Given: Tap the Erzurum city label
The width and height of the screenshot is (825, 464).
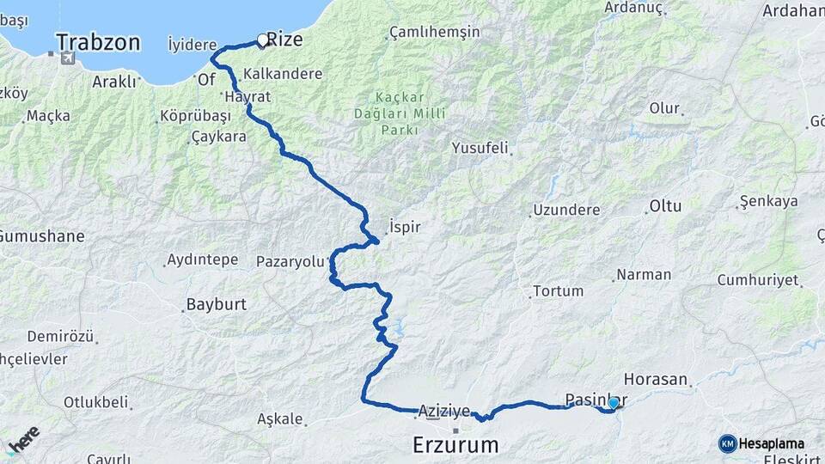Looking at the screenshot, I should click(x=455, y=445).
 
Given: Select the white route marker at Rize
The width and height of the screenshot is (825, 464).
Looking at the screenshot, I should click(x=262, y=40).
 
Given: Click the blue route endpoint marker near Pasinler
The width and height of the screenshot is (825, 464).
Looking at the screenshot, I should click(x=613, y=402).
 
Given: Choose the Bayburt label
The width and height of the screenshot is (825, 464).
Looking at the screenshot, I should click(x=216, y=304).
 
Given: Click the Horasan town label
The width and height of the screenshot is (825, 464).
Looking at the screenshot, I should click(x=656, y=379).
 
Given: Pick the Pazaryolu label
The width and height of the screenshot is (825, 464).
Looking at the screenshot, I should click(x=291, y=261).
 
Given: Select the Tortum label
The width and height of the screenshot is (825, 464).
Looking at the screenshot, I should click(x=558, y=291).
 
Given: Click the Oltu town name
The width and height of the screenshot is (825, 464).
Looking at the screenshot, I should click(x=665, y=206).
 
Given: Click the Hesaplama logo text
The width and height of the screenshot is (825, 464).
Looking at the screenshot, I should click(x=772, y=443).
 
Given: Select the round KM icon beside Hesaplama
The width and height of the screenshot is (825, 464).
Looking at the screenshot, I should click(x=727, y=443).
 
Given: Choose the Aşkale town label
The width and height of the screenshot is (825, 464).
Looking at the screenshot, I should click(x=280, y=419).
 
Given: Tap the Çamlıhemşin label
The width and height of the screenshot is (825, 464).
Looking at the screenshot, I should click(x=434, y=32).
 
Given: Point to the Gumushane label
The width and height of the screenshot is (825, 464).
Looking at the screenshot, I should click(x=42, y=235).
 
